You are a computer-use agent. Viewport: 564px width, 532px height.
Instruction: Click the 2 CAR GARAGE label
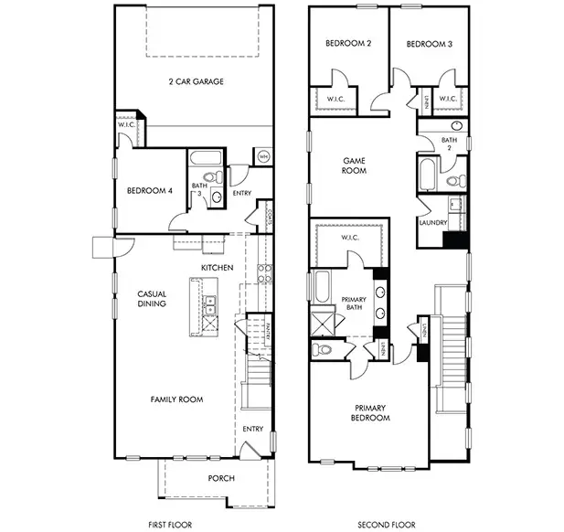197,81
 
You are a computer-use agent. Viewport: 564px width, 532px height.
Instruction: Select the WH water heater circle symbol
263,156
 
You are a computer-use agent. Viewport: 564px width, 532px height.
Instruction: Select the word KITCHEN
218,267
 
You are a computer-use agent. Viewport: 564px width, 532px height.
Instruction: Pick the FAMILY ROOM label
177,399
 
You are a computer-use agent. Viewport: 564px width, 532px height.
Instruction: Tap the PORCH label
221,478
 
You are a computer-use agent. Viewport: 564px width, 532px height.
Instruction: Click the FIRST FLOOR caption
172,524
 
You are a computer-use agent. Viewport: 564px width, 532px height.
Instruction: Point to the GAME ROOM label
354,165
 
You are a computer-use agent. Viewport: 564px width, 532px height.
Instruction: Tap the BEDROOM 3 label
429,43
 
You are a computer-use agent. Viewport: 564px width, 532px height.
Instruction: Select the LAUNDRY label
432,222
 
